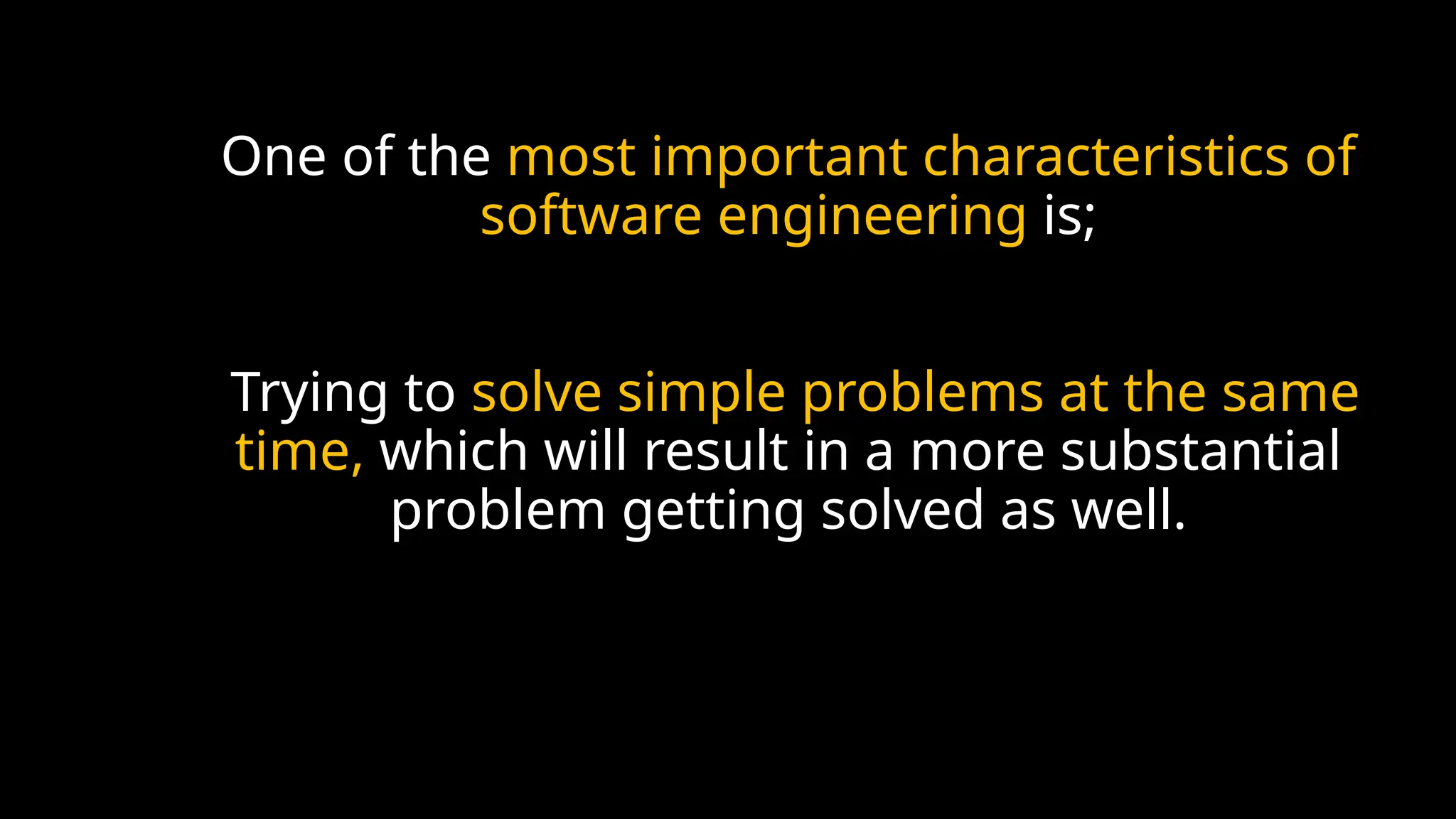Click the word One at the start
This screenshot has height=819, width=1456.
(274, 156)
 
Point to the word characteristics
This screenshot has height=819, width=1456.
(1105, 156)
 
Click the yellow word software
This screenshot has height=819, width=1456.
(591, 216)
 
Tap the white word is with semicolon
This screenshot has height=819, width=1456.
(1069, 216)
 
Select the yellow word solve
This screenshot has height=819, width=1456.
(537, 392)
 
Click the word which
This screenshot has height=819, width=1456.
(454, 451)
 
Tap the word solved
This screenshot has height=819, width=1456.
(902, 510)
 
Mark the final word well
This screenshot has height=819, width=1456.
(1128, 510)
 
